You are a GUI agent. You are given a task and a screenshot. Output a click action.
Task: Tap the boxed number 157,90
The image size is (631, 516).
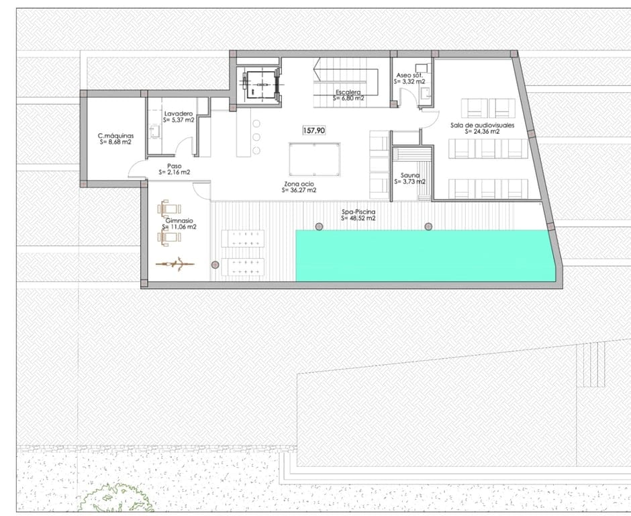tap(313, 130)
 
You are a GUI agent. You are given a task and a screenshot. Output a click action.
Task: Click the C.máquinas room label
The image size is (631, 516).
tap(115, 136)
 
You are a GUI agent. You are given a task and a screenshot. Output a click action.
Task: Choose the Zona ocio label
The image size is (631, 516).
tap(299, 183)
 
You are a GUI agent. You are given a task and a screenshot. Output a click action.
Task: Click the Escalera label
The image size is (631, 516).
tap(348, 92)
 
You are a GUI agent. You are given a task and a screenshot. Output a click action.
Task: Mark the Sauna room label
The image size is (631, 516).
tap(409, 175)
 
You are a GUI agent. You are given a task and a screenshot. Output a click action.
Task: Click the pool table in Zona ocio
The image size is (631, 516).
tap(314, 158)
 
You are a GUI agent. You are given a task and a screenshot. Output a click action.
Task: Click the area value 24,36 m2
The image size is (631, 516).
tap(485, 132)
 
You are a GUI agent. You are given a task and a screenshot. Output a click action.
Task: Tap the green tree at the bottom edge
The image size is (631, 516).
tap(114, 501)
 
